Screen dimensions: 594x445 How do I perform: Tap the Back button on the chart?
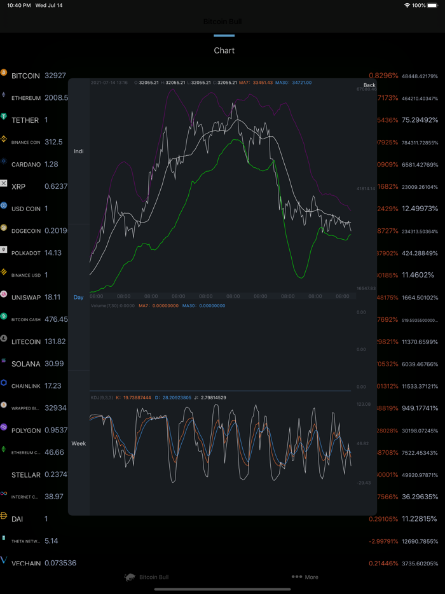pyautogui.click(x=369, y=85)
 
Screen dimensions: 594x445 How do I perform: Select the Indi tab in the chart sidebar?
pyautogui.click(x=79, y=151)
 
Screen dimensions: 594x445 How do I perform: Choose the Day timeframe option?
pyautogui.click(x=78, y=297)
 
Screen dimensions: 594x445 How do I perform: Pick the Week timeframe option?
pyautogui.click(x=79, y=443)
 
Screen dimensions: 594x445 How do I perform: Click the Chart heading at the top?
pyautogui.click(x=224, y=51)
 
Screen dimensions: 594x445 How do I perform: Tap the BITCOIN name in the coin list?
pyautogui.click(x=25, y=76)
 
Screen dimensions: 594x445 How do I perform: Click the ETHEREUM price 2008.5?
pyautogui.click(x=56, y=98)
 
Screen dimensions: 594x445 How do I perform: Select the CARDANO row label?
pyautogui.click(x=25, y=164)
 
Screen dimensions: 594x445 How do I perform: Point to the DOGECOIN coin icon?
pyautogui.click(x=4, y=228)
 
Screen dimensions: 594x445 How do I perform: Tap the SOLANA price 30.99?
pyautogui.click(x=54, y=364)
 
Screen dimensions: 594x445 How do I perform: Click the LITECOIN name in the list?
pyautogui.click(x=26, y=342)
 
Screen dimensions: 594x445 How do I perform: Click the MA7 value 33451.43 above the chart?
pyautogui.click(x=263, y=83)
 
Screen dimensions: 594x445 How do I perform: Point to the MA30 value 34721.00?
pyautogui.click(x=301, y=83)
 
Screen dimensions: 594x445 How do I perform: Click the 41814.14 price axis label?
pyautogui.click(x=366, y=189)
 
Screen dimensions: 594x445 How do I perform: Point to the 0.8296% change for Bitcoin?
pyautogui.click(x=383, y=76)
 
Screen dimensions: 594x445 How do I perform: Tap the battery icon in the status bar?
pyautogui.click(x=433, y=5)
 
